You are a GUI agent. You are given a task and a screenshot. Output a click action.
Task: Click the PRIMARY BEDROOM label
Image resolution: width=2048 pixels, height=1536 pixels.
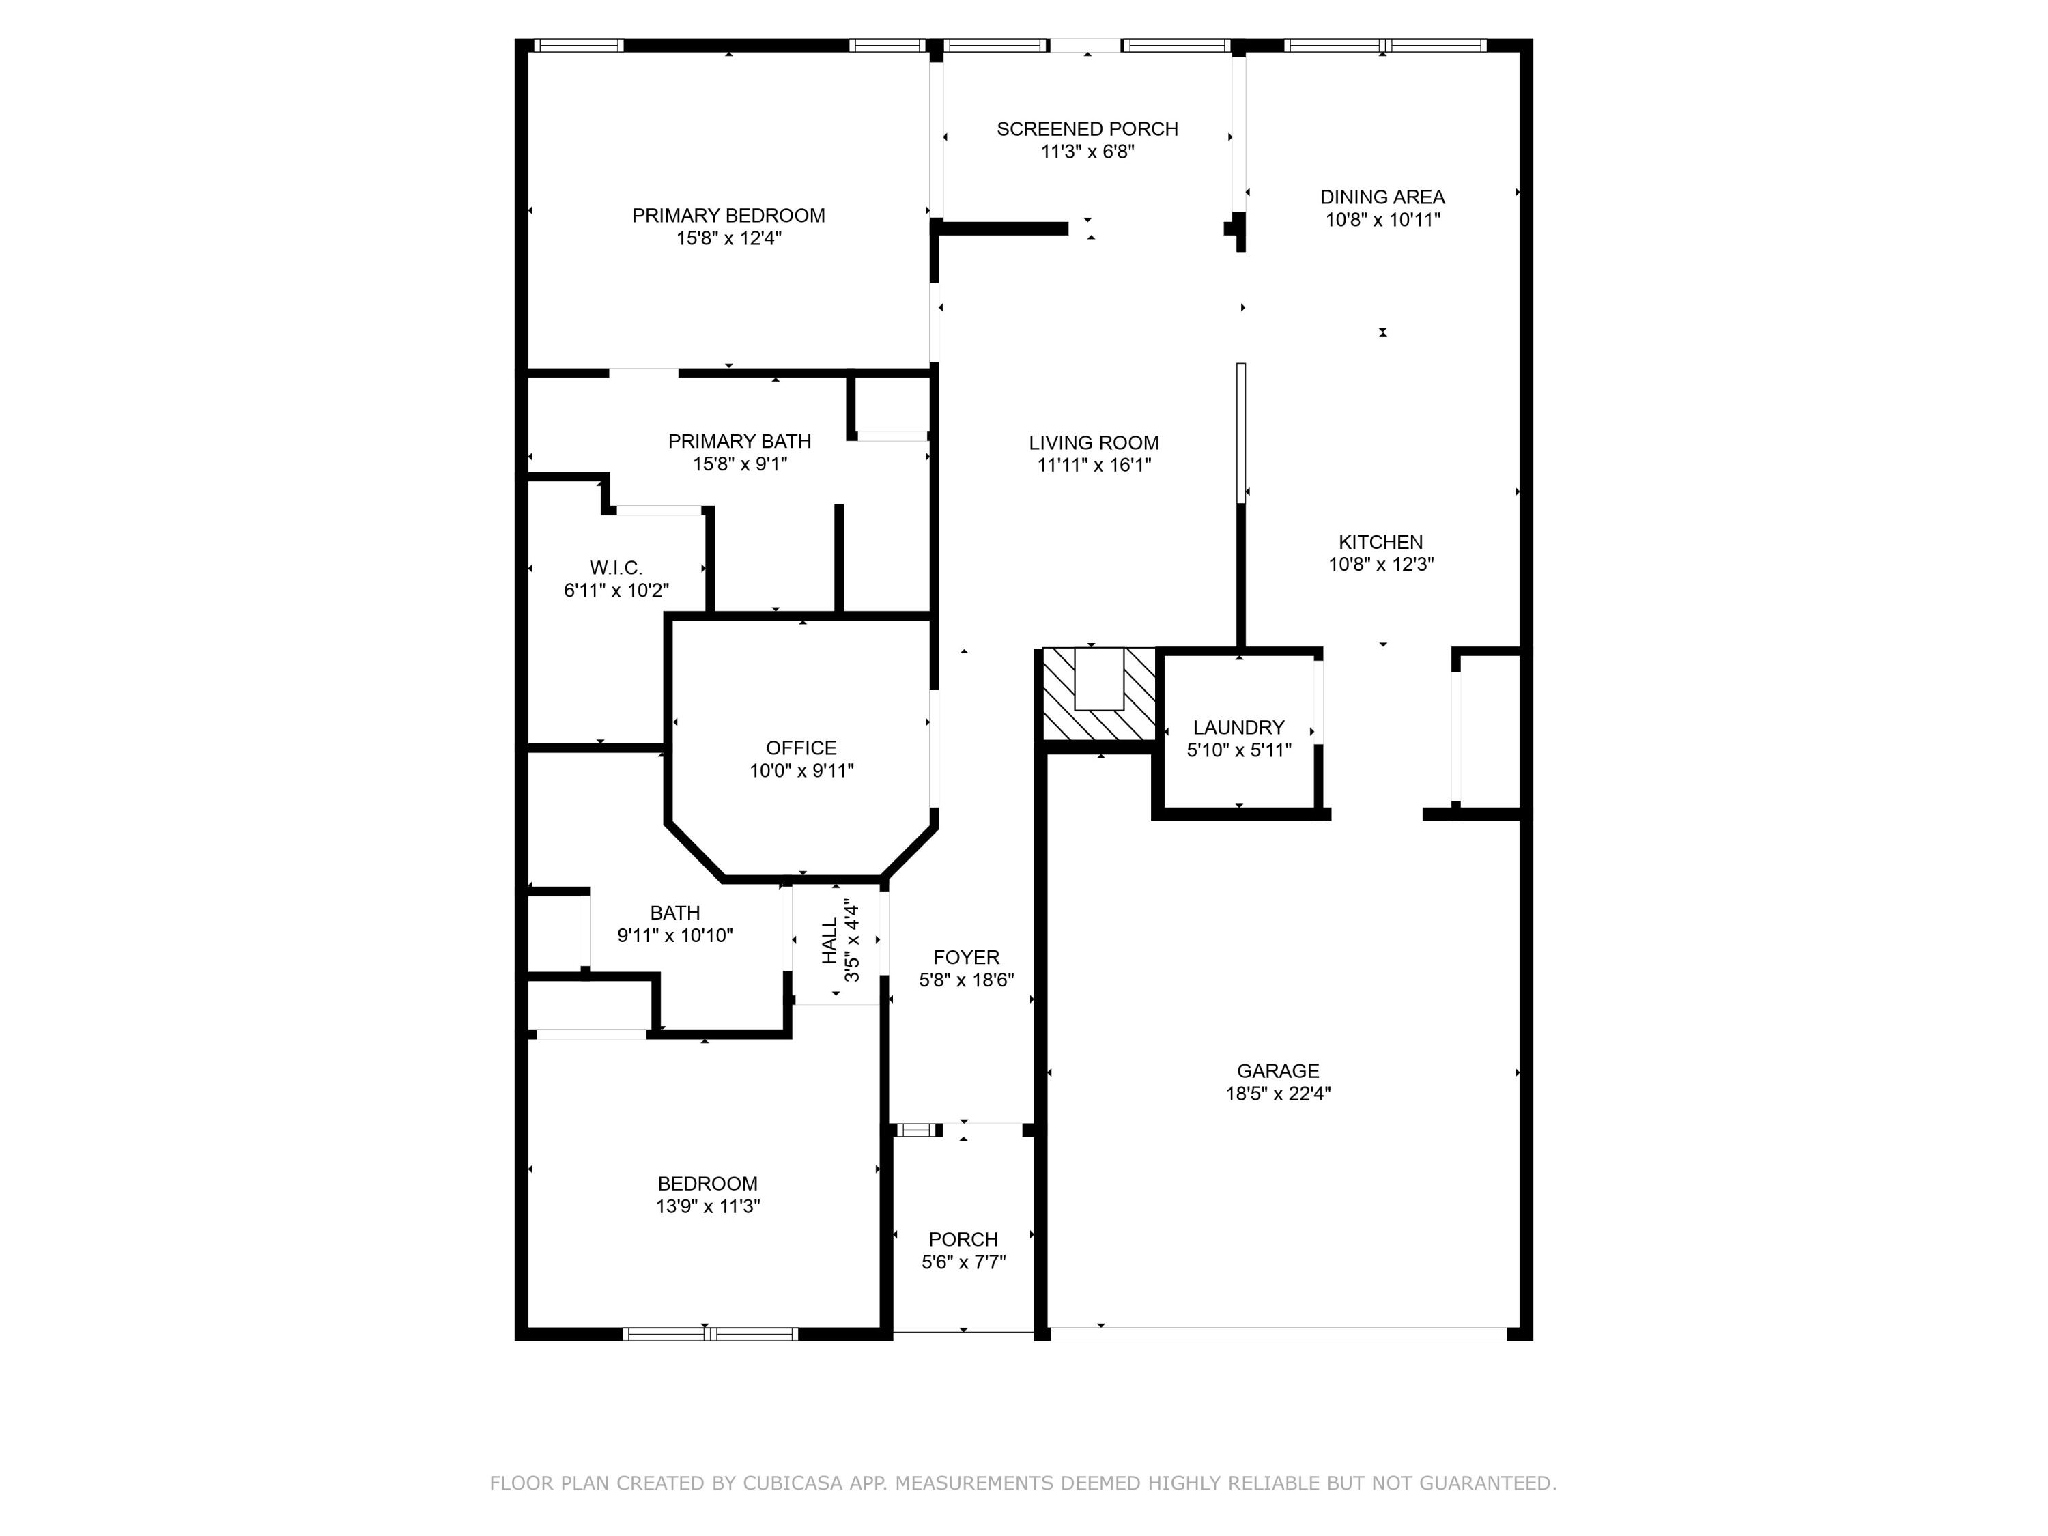tap(728, 216)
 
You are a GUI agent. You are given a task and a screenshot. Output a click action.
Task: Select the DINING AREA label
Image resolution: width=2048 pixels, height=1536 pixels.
tap(1382, 197)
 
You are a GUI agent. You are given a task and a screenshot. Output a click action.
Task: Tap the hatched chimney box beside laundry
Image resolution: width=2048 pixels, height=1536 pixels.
tap(1099, 694)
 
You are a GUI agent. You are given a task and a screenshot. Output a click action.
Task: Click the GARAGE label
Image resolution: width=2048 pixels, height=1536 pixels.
tap(1278, 1070)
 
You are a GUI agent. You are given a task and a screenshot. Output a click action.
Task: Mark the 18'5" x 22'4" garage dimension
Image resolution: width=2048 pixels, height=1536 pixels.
tap(1278, 1094)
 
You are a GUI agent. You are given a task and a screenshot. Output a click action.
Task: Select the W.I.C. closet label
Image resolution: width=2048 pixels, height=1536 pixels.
tap(616, 567)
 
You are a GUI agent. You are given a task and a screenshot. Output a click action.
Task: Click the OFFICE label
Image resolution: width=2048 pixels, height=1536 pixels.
tap(801, 748)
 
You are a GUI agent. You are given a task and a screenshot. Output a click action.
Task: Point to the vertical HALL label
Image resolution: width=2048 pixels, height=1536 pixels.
tap(829, 940)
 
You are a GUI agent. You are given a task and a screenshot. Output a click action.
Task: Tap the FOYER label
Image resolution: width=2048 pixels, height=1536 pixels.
tap(966, 957)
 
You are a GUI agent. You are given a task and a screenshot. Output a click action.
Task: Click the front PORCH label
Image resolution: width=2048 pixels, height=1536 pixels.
tap(963, 1239)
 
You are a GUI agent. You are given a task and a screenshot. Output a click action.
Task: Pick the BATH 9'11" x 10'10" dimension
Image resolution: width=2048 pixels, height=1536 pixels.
tap(675, 935)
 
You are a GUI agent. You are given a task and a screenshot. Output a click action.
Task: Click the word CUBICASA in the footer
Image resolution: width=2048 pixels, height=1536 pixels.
tap(792, 1483)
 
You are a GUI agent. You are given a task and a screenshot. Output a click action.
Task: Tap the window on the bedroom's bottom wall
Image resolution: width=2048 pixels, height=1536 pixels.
tap(709, 1334)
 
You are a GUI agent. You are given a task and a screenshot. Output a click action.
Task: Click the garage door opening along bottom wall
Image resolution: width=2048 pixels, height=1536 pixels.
tap(1278, 1334)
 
